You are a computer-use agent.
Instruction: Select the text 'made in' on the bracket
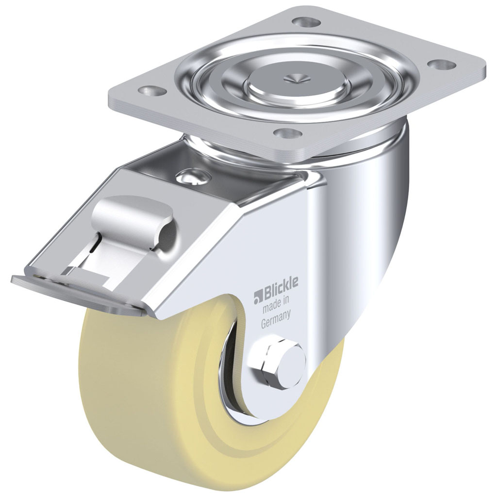276,309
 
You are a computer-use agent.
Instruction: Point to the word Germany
276,321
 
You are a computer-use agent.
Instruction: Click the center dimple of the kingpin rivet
294,76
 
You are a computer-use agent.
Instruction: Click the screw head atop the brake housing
193,176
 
